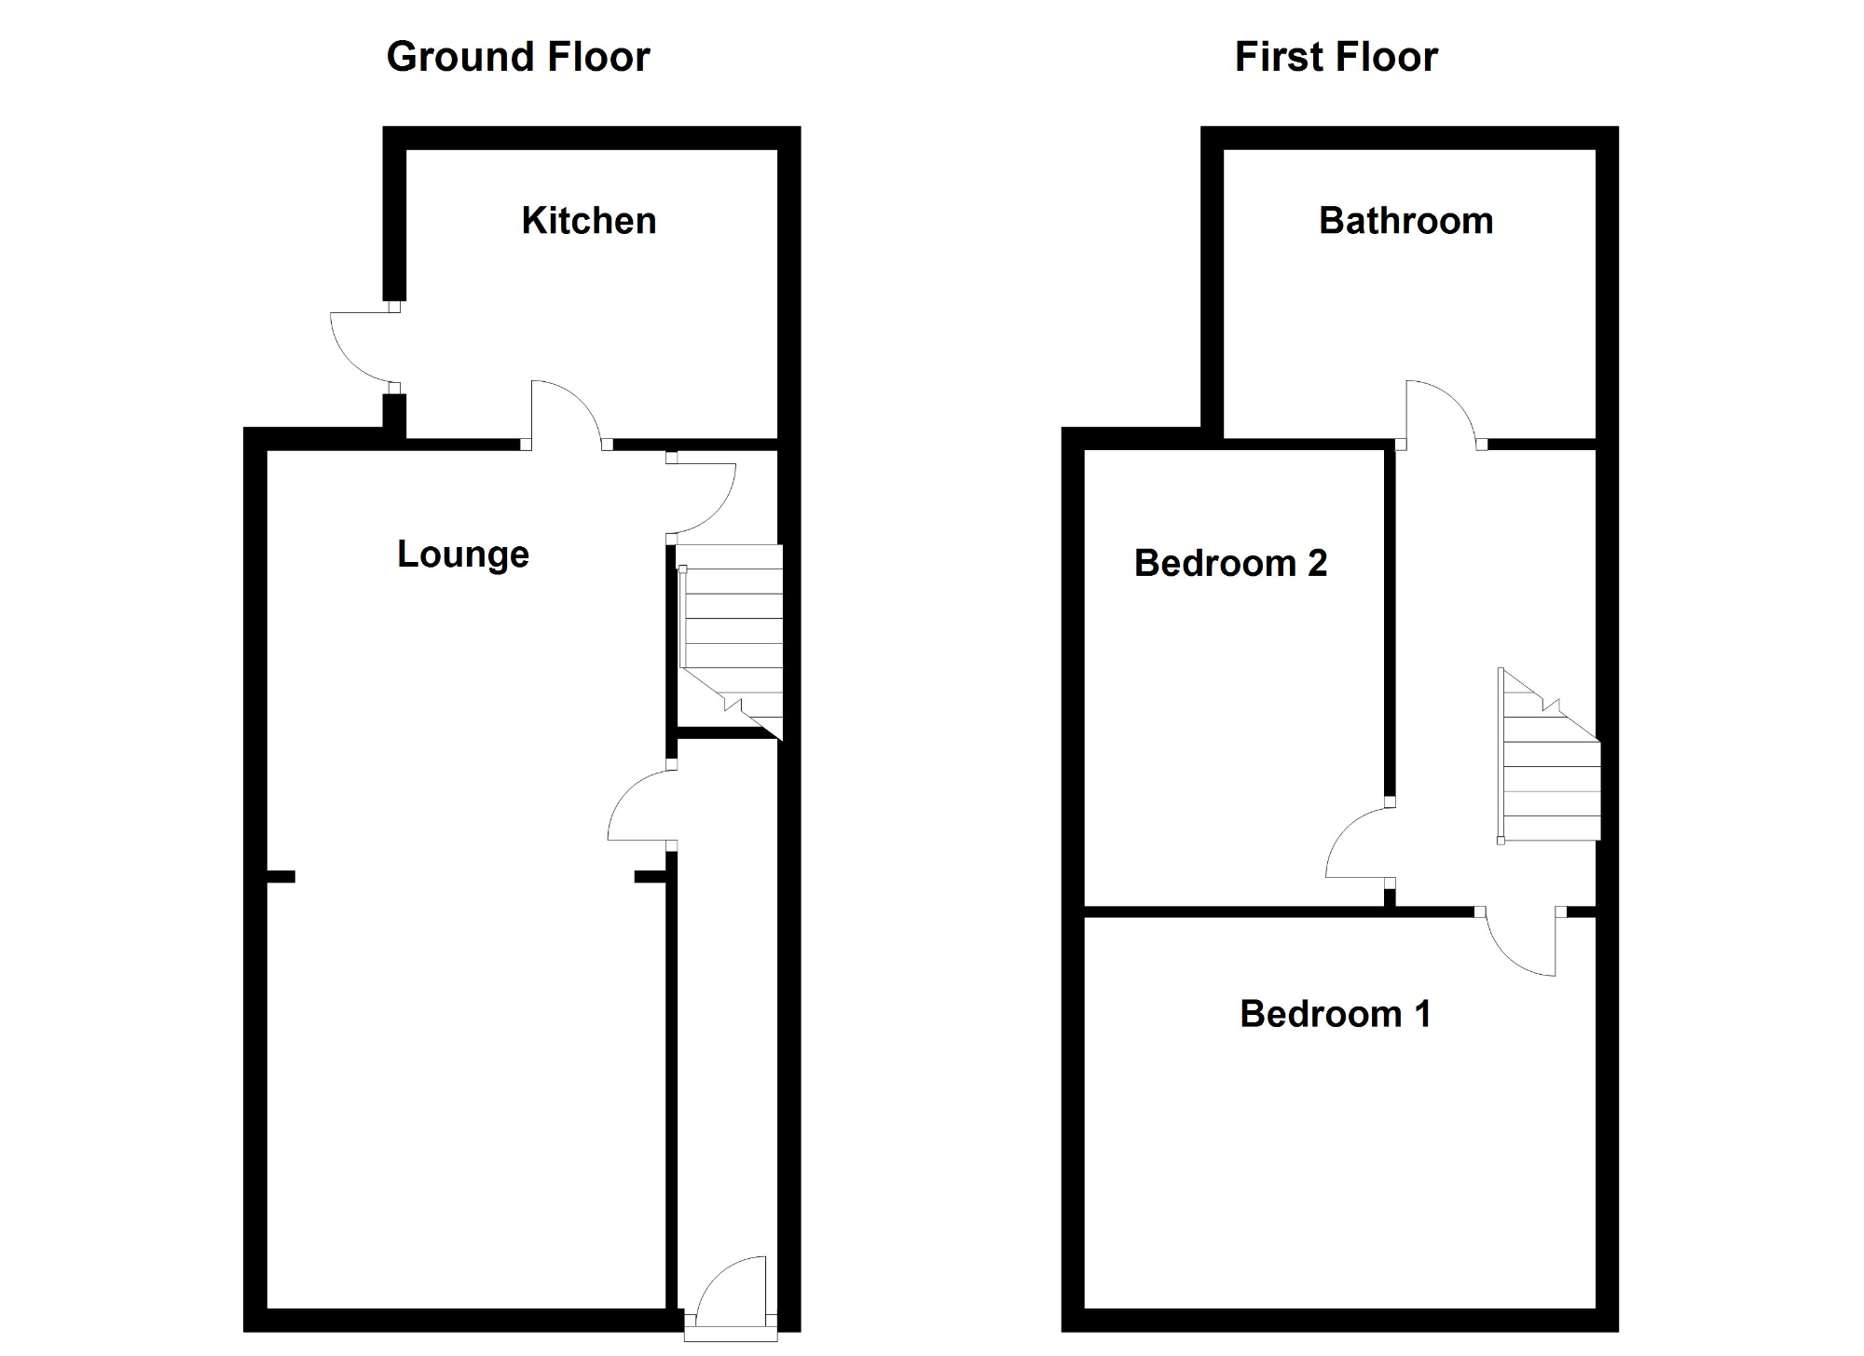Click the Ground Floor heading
[517, 57]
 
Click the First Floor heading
[1336, 57]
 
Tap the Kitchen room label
[588, 221]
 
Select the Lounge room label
[462, 555]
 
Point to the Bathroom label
[1405, 221]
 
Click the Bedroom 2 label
[1229, 563]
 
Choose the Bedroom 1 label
[1335, 1014]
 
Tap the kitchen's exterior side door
[362, 347]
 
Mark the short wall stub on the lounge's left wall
[281, 877]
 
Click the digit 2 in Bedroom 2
[1317, 563]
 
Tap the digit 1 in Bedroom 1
[1422, 1014]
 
